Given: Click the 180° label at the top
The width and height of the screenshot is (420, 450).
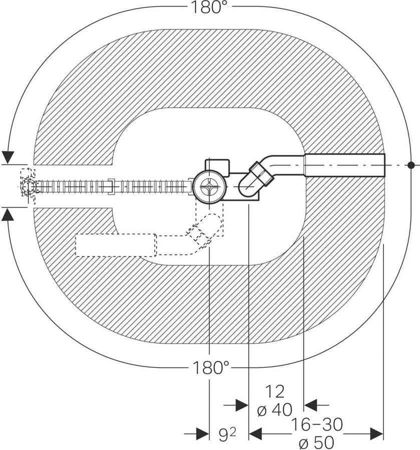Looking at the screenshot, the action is click(x=211, y=7).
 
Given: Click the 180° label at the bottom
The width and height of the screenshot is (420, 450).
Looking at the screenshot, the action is click(x=211, y=367).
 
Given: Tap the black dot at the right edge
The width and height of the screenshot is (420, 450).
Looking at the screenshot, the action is click(x=411, y=165).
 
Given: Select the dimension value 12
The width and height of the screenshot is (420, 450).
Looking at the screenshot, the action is click(x=275, y=391).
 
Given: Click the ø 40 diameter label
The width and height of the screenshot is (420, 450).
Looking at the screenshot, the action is click(x=275, y=410).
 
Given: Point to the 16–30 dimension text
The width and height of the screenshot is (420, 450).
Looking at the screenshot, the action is click(x=317, y=424).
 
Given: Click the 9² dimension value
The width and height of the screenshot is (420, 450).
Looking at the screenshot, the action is click(x=227, y=435).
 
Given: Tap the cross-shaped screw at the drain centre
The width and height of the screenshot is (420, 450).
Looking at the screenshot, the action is click(x=209, y=186).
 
